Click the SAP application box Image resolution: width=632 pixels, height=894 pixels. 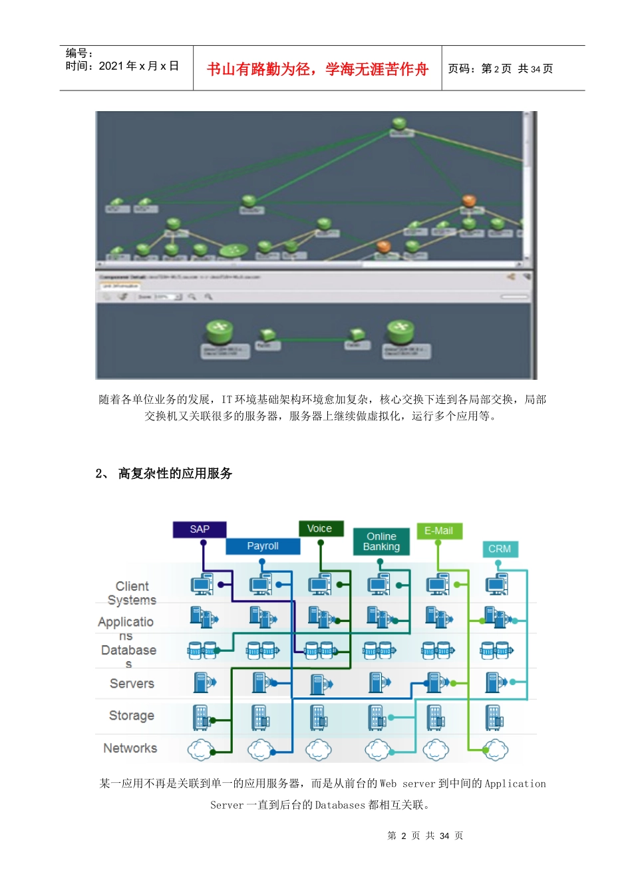point(200,529)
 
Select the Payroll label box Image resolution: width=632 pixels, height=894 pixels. point(263,546)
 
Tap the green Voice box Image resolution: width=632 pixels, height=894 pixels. point(320,529)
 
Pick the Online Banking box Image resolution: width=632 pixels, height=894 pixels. point(381,541)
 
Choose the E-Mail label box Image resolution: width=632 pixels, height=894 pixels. point(438,531)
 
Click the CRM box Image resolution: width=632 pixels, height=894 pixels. point(500,549)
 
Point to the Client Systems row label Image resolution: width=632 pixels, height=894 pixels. point(132,593)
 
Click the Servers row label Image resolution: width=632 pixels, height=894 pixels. point(132,683)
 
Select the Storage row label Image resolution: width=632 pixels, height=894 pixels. point(132,716)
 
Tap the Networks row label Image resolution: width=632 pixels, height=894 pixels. point(130,748)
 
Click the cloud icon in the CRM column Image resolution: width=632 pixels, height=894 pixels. point(496,750)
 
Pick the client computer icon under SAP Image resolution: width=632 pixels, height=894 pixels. point(201,584)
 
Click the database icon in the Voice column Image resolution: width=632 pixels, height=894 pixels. point(319,649)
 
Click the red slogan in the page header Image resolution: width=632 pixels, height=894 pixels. point(317,69)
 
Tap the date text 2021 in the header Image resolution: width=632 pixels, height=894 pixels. point(111,66)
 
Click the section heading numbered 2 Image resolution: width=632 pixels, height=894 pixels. point(164,474)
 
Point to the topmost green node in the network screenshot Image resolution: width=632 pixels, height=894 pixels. point(398,123)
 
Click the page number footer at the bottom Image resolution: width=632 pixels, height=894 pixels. point(425,835)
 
